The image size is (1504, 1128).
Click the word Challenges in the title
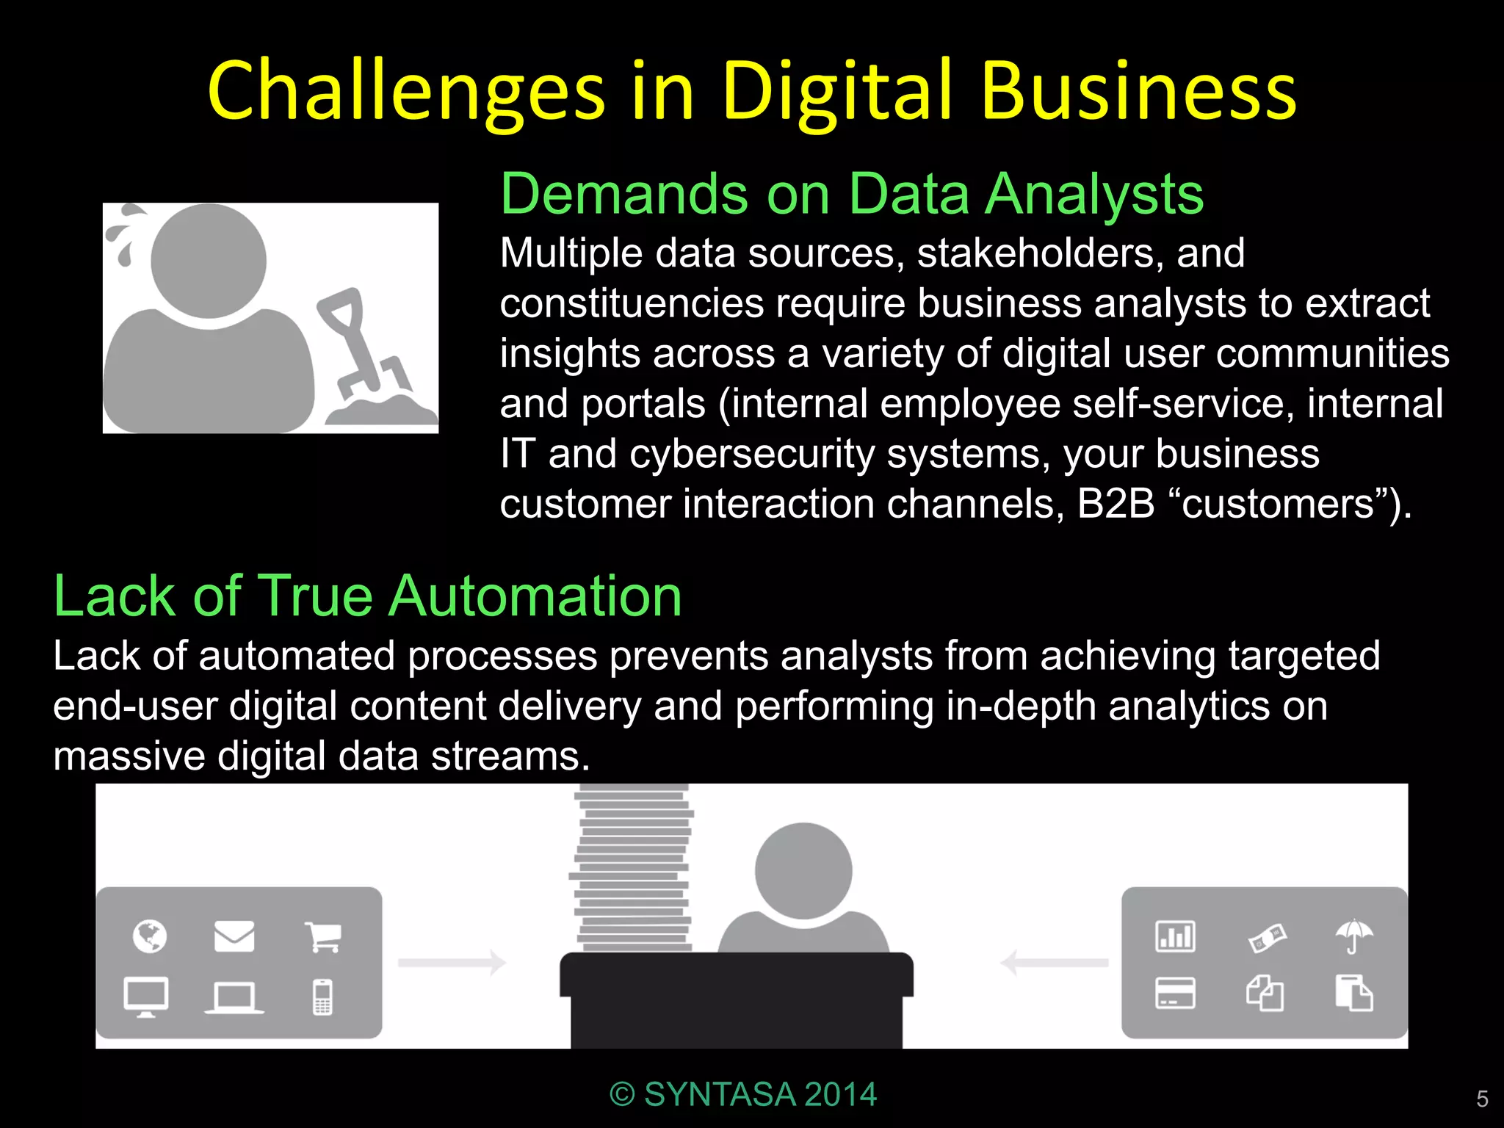[405, 92]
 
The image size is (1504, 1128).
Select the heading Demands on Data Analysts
[852, 194]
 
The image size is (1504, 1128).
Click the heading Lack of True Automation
[368, 596]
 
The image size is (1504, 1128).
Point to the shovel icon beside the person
[360, 345]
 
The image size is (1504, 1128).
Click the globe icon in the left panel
[150, 936]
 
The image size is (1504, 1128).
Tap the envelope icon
[234, 936]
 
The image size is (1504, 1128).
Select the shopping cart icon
[323, 936]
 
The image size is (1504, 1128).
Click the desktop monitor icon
[146, 997]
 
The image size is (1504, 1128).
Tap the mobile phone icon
[322, 997]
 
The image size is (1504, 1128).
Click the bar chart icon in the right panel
[1175, 936]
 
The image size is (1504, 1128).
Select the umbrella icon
[1353, 936]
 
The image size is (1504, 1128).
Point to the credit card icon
[1175, 994]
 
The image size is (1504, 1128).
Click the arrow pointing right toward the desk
[452, 962]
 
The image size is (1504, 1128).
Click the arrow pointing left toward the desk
[1055, 962]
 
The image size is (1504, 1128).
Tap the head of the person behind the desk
[803, 870]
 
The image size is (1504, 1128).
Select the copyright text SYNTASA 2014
[743, 1094]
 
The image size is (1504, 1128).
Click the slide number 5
[1482, 1099]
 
